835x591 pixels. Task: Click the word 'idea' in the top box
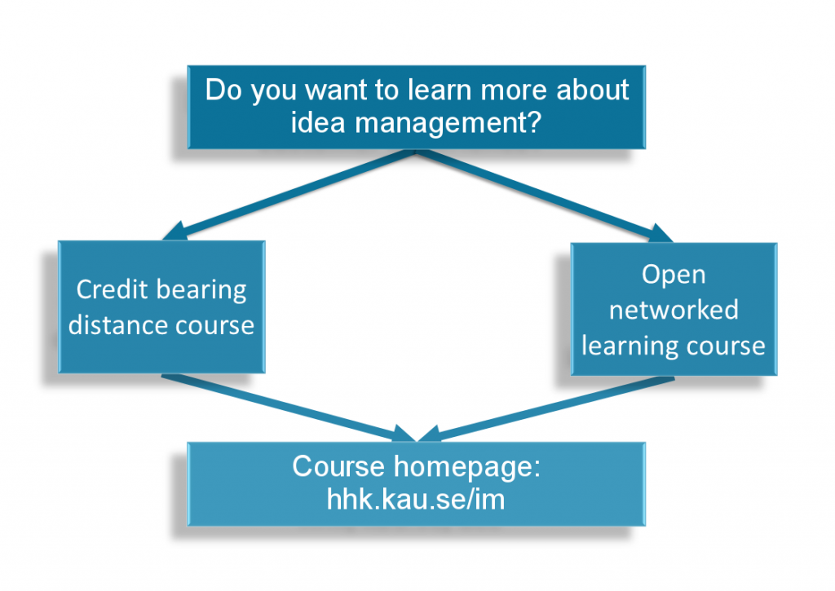click(x=319, y=122)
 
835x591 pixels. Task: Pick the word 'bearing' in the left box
click(x=202, y=291)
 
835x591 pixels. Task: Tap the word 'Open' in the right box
click(x=674, y=276)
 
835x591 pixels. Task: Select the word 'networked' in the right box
click(x=674, y=309)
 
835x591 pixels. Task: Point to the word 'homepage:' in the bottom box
click(x=467, y=467)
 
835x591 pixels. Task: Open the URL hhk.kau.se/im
click(x=415, y=500)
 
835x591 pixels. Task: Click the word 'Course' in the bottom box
click(x=338, y=466)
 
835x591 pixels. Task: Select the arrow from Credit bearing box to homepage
click(x=289, y=408)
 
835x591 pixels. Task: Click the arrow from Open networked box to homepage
click(x=546, y=409)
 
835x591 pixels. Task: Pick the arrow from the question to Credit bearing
click(x=289, y=196)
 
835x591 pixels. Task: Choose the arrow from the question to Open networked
click(x=544, y=196)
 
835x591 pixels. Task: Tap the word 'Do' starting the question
click(x=223, y=90)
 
